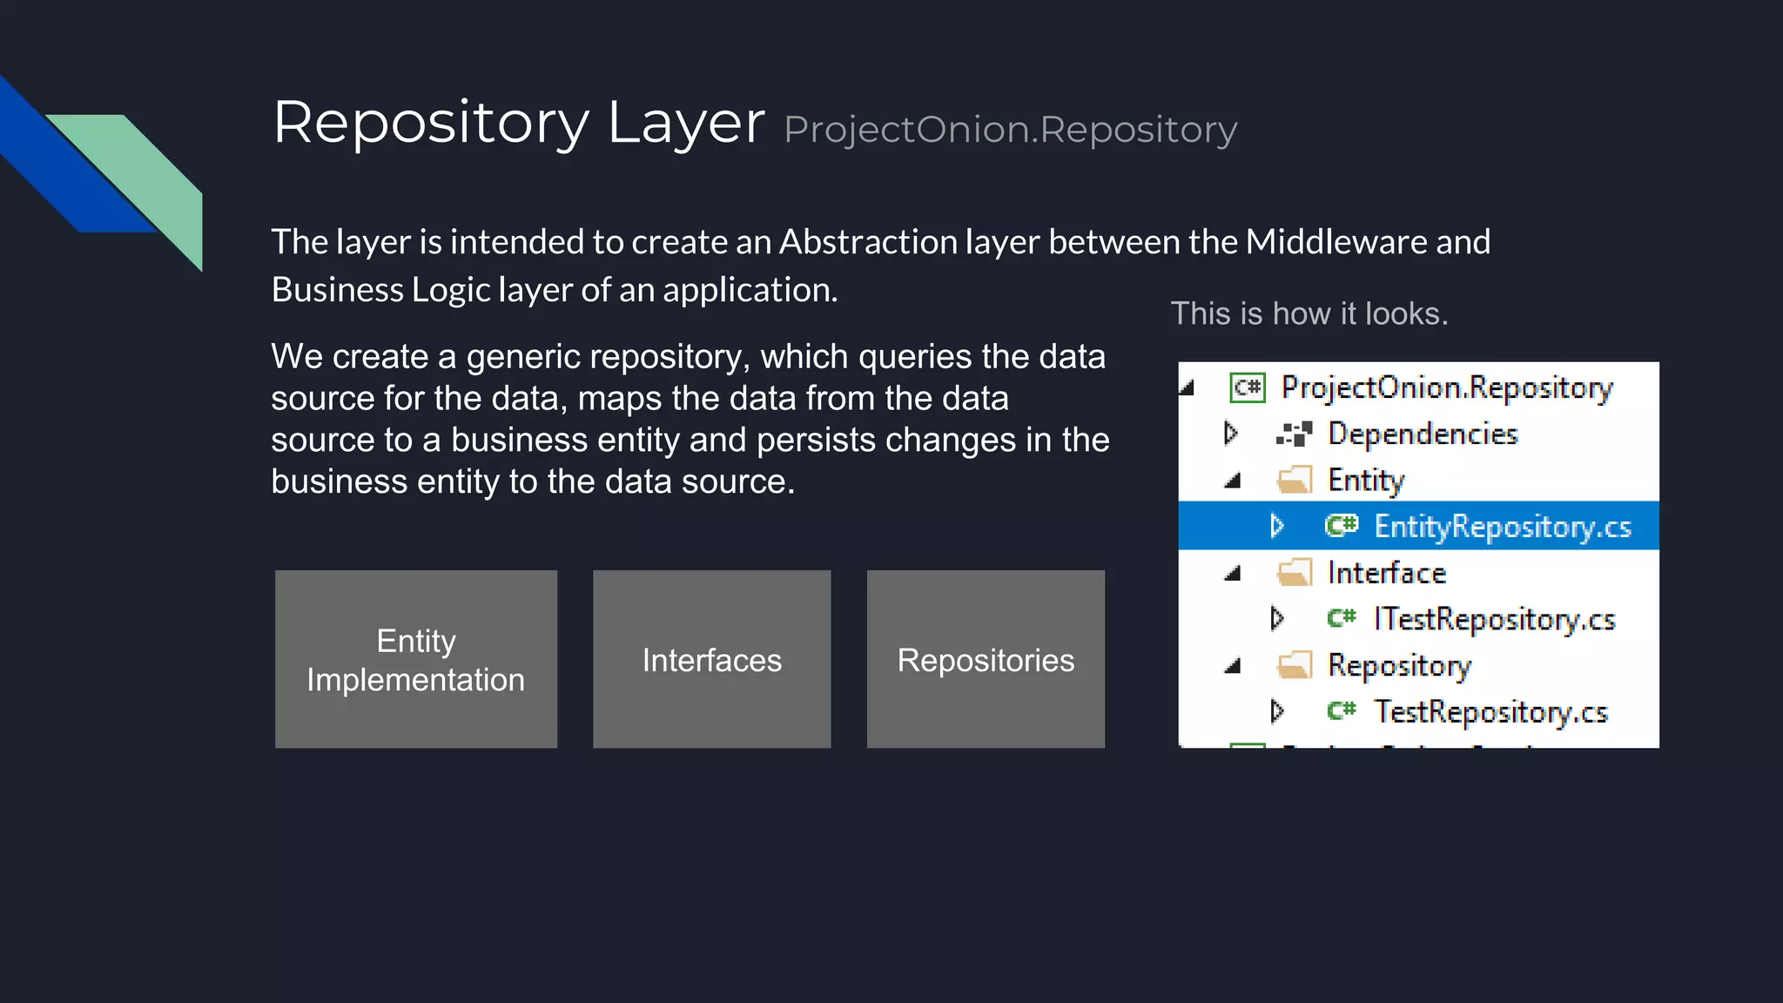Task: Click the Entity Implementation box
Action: [x=415, y=659]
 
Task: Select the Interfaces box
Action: [x=711, y=659]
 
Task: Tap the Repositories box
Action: [x=986, y=659]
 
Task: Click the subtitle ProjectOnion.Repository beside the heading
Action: [x=1010, y=130]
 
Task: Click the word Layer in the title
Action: [x=685, y=123]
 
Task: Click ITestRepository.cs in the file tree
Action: [x=1493, y=619]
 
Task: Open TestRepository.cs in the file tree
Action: [x=1490, y=712]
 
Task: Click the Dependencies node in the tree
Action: [x=1422, y=434]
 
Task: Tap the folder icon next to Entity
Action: [x=1295, y=480]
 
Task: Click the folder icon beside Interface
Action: [x=1295, y=573]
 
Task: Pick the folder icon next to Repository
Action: [x=1295, y=666]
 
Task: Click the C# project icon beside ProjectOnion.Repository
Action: [x=1248, y=387]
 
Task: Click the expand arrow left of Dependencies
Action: [x=1230, y=433]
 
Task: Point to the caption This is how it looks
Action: [x=1309, y=313]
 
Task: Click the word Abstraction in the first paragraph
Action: [x=868, y=242]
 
